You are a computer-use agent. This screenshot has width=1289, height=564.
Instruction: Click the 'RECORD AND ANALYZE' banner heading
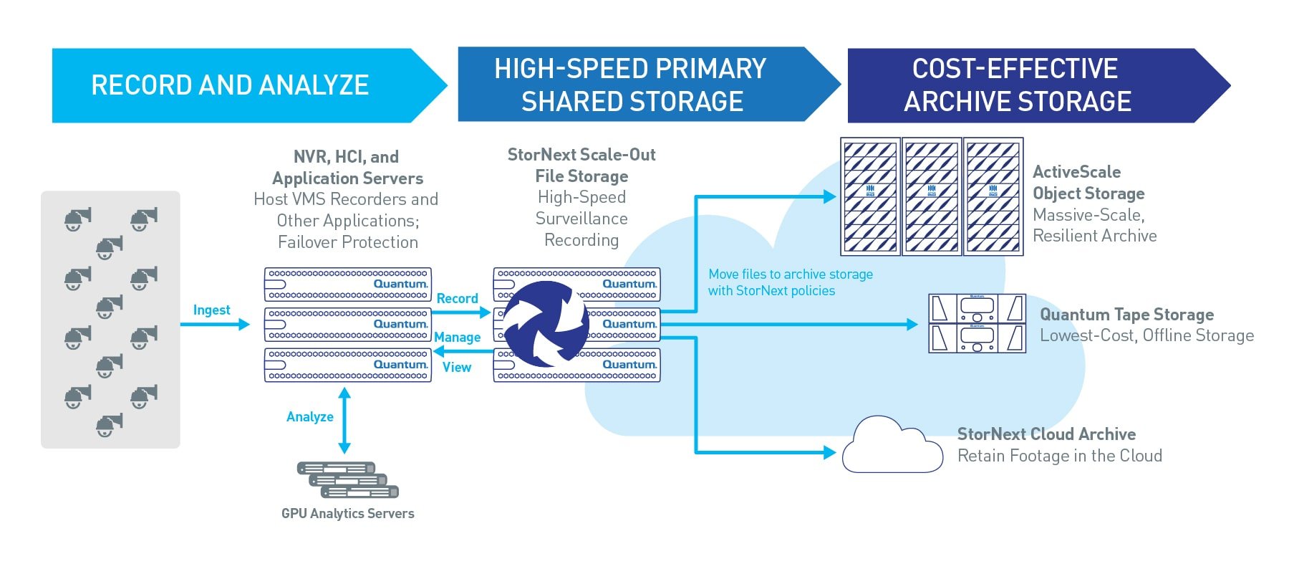(x=230, y=85)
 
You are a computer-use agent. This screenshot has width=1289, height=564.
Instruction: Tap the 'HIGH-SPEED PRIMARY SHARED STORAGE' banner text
(x=631, y=85)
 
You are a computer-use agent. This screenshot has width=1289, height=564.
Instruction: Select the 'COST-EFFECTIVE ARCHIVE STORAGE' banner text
(x=1017, y=85)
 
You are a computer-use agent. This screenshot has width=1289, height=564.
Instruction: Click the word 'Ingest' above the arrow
(x=211, y=310)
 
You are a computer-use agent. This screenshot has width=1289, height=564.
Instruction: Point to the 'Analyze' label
(x=310, y=416)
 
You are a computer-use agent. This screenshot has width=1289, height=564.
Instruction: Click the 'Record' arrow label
(x=457, y=298)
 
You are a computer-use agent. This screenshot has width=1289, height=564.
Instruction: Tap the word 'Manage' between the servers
(x=457, y=337)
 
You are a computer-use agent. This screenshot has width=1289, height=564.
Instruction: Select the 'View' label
(x=457, y=367)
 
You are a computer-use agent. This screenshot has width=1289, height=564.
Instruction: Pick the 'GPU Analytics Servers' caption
(x=348, y=513)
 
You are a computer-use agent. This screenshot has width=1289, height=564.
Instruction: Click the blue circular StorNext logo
(x=546, y=324)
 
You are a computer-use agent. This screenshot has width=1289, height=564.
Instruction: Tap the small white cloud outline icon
(x=892, y=446)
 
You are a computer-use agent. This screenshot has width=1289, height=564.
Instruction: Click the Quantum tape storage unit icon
(x=977, y=323)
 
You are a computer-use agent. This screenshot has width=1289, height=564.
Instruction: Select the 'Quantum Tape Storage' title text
(x=1126, y=315)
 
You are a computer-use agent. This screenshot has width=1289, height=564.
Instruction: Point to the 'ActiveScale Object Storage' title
(x=1088, y=183)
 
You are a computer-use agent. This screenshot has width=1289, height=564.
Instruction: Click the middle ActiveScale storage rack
(x=932, y=196)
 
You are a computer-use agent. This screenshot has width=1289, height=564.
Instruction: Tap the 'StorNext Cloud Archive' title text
(x=1046, y=434)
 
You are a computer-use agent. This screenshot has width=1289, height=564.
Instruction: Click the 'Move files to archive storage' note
(x=791, y=274)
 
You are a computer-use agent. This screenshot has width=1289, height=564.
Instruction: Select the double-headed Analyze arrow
(x=344, y=421)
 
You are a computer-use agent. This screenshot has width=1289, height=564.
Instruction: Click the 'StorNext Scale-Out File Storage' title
(x=581, y=166)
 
